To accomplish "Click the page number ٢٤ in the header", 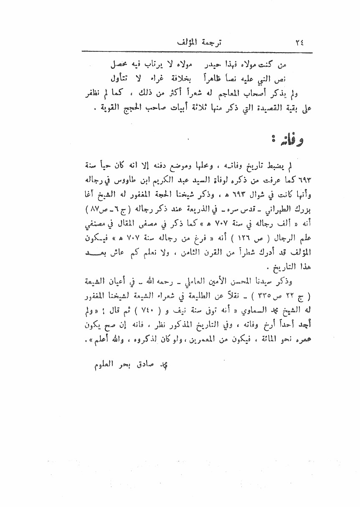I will pos(299,43).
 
